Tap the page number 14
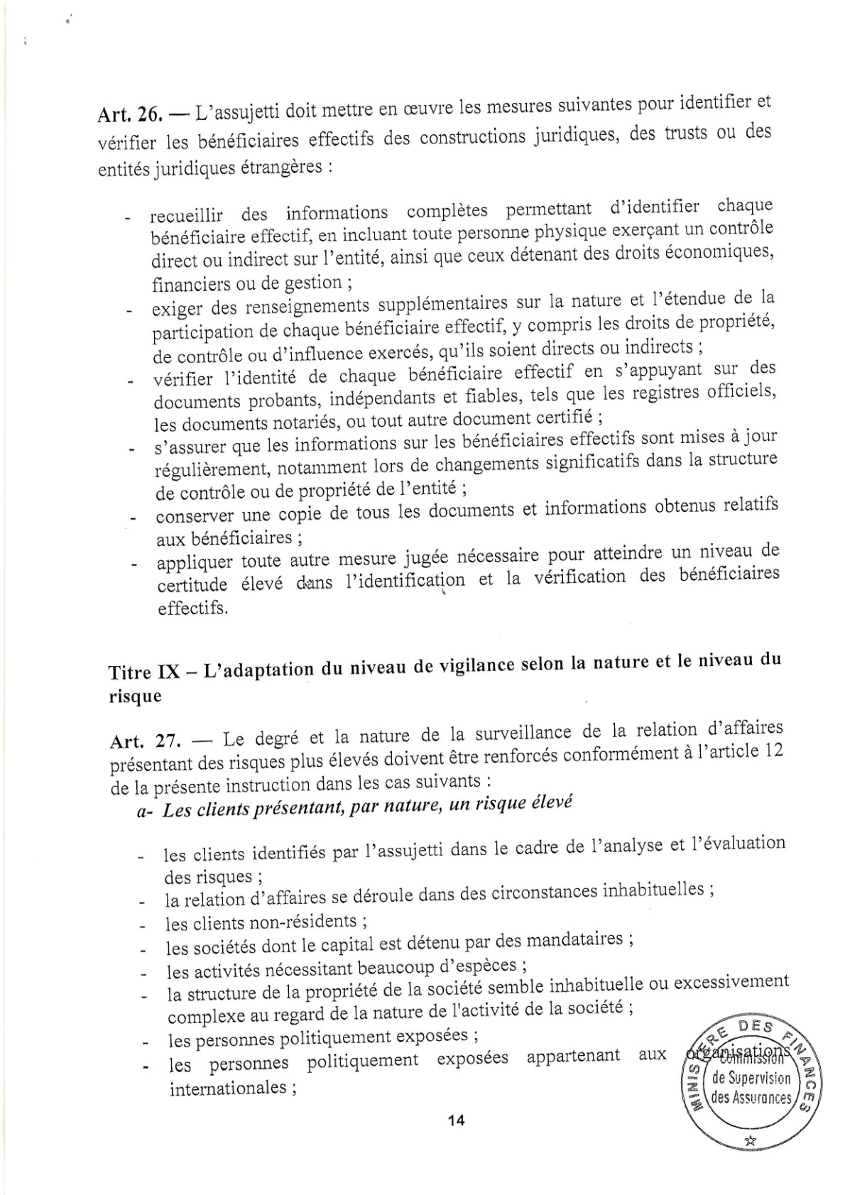[x=455, y=1120]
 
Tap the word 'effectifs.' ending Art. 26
[x=193, y=609]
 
